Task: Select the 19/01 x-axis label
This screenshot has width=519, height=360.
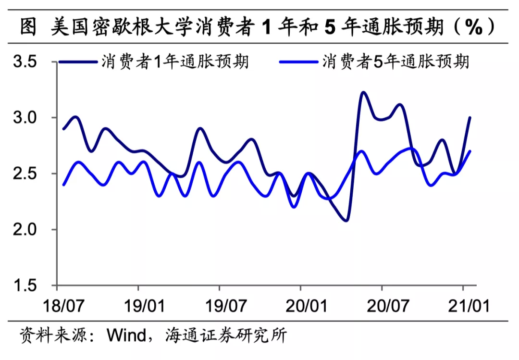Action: [x=138, y=306]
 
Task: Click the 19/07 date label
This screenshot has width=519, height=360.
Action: [x=220, y=306]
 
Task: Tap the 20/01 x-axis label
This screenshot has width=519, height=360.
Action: [x=301, y=306]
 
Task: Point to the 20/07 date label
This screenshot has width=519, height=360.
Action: [x=382, y=306]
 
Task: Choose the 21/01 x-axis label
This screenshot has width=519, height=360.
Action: [x=463, y=306]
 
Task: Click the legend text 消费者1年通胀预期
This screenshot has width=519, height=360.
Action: [x=175, y=62]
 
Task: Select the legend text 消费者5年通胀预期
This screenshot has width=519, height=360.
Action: [x=396, y=62]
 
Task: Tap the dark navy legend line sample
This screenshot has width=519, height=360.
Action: [x=77, y=62]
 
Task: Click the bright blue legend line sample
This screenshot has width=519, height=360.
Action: [x=298, y=62]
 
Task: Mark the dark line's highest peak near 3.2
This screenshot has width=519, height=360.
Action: [x=363, y=92]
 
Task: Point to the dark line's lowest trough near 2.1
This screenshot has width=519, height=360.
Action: [x=346, y=221]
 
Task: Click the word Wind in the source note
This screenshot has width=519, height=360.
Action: [x=126, y=335]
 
